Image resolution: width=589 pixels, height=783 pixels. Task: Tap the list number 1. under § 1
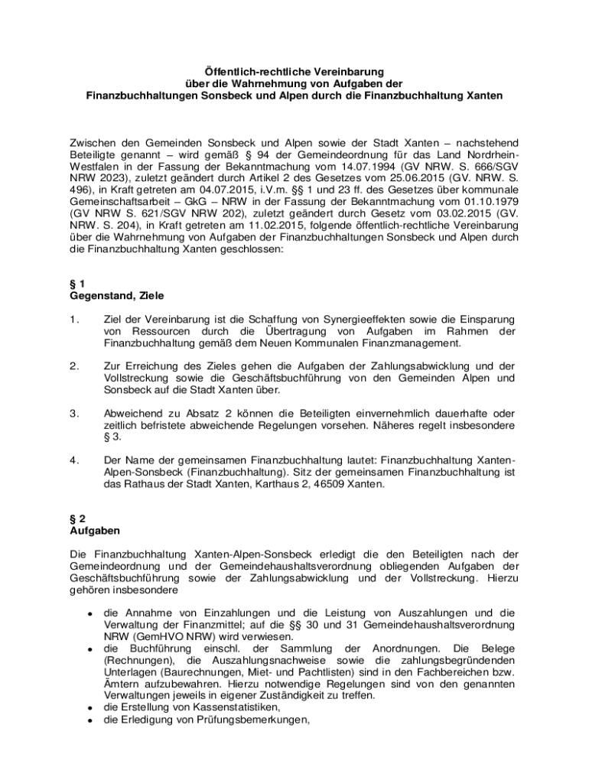(x=74, y=319)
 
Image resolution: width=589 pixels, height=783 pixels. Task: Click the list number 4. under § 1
(x=74, y=462)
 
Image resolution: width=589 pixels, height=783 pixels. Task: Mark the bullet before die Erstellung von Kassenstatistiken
(x=89, y=707)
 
